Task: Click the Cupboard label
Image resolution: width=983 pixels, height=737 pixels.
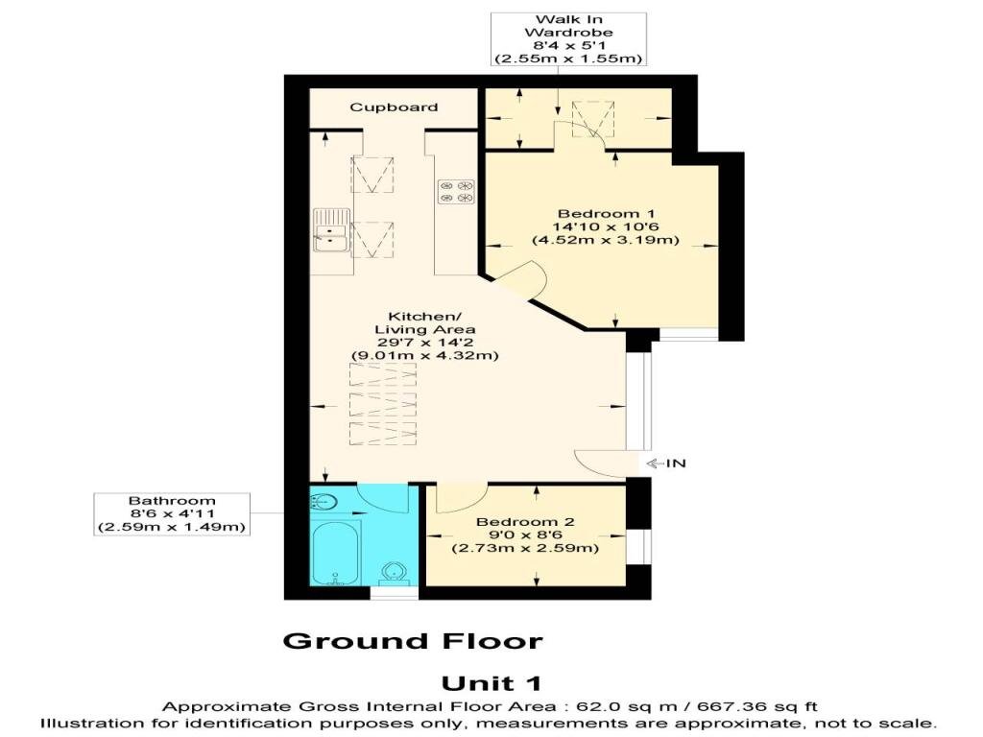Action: tap(394, 107)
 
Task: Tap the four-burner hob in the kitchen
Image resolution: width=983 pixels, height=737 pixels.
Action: tap(456, 192)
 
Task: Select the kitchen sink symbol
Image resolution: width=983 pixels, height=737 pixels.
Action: tap(330, 230)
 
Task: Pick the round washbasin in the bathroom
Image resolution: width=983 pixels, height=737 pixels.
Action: tap(324, 502)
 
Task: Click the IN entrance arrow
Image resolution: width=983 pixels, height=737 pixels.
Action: tap(666, 464)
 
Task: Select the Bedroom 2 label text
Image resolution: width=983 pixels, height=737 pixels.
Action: tap(525, 522)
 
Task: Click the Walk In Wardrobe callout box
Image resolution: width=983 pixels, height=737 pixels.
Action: tap(568, 38)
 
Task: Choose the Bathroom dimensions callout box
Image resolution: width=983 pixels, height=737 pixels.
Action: tap(172, 514)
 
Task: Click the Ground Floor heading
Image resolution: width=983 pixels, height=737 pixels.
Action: tap(413, 641)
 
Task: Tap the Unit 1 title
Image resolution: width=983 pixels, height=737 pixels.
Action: tap(491, 683)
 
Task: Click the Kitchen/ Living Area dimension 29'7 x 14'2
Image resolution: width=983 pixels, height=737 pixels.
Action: tap(425, 343)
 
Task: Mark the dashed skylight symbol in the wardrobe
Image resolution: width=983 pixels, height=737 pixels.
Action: tap(593, 118)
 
